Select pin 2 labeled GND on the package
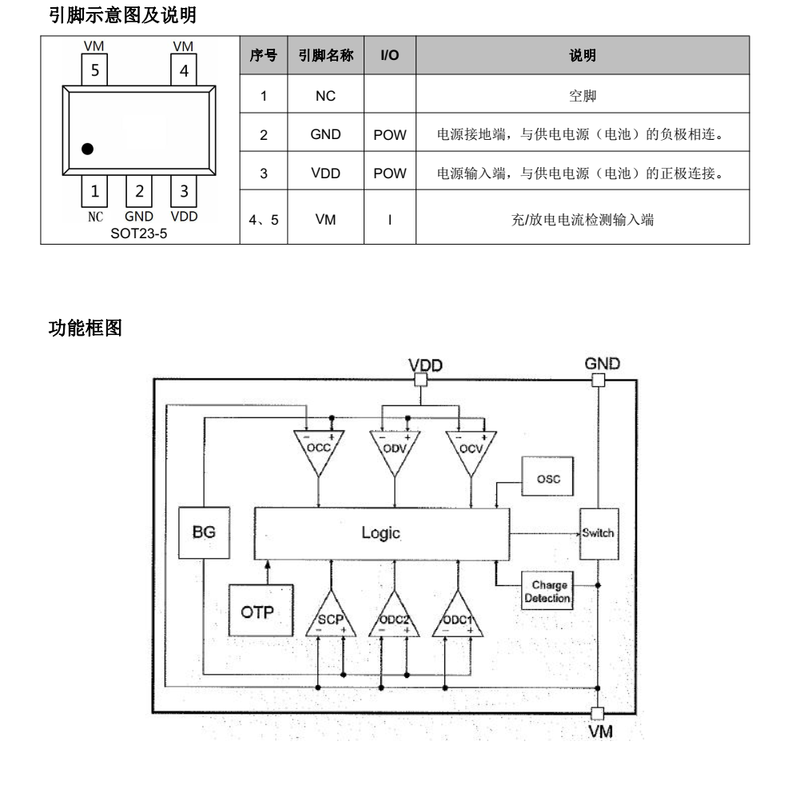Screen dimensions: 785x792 pos(139,191)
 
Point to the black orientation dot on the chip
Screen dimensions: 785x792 pos(88,149)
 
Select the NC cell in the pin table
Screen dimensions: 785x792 pos(325,95)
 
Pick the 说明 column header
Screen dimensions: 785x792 pos(583,55)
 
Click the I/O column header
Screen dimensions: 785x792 pos(390,55)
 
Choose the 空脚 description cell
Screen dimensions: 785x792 pos(583,95)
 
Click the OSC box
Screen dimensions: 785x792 pos(548,479)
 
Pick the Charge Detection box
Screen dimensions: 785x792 pos(547,592)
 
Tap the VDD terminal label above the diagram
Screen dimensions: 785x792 pos(425,365)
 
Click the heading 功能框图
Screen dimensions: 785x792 pos(86,329)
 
